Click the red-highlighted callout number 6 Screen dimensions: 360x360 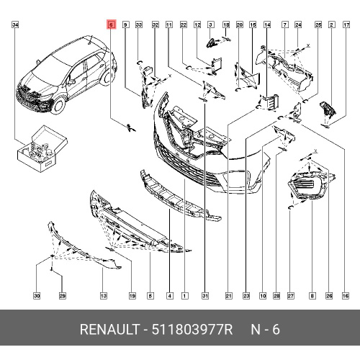click(x=111, y=24)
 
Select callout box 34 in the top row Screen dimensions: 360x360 click(x=15, y=24)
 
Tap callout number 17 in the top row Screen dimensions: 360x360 click(x=346, y=24)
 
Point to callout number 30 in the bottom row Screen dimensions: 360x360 click(x=37, y=296)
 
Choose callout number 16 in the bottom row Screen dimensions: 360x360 click(x=346, y=296)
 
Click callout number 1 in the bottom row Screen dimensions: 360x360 click(x=184, y=296)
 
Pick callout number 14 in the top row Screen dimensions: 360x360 click(x=267, y=24)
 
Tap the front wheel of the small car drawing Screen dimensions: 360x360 click(x=59, y=105)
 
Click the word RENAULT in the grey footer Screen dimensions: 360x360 click(x=109, y=329)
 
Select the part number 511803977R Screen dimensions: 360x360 click(x=192, y=329)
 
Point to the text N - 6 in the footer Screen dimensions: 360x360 click(x=265, y=329)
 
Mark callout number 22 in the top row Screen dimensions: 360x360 click(x=184, y=24)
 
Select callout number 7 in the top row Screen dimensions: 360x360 click(x=285, y=24)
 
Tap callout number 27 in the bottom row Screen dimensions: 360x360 click(x=290, y=296)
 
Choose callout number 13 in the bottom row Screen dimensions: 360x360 click(x=104, y=296)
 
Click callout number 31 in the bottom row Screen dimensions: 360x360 click(x=205, y=296)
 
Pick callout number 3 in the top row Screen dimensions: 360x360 click(x=210, y=24)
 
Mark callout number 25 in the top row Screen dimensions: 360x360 click(x=318, y=24)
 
